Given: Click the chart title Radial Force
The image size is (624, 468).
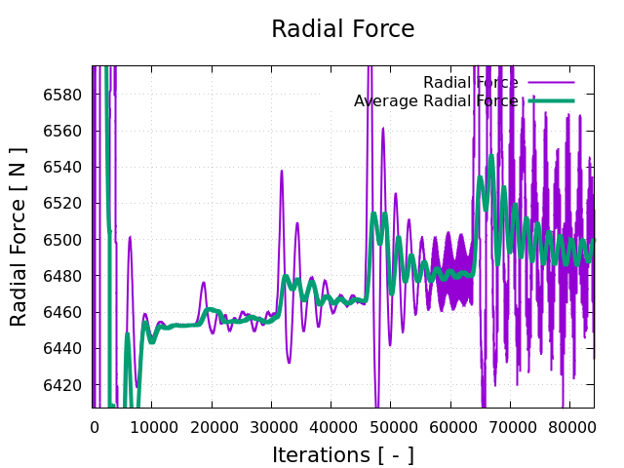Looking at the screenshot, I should pyautogui.click(x=342, y=29).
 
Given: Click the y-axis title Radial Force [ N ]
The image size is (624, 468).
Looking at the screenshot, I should pyautogui.click(x=19, y=237).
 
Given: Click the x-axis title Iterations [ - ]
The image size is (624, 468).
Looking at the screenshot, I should pyautogui.click(x=342, y=454).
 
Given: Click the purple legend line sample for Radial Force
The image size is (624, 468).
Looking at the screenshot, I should pyautogui.click(x=551, y=83).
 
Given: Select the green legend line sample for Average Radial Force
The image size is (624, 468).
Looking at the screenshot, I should pyautogui.click(x=551, y=101).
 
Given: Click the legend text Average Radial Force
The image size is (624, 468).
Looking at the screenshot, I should pyautogui.click(x=436, y=101).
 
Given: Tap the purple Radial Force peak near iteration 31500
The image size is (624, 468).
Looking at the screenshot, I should pyautogui.click(x=282, y=172).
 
